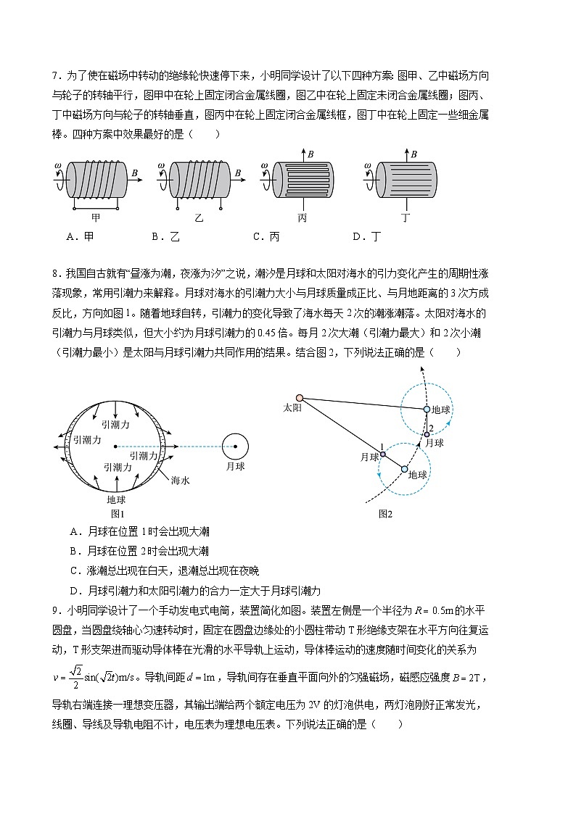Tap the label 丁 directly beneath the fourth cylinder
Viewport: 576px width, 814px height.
[x=405, y=217]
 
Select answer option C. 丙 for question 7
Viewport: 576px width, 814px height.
[x=266, y=236]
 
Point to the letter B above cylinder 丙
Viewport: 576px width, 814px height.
[x=310, y=154]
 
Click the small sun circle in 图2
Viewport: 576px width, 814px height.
[x=299, y=397]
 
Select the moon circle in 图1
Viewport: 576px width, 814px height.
[x=234, y=447]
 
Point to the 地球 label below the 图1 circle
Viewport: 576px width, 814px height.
[x=116, y=499]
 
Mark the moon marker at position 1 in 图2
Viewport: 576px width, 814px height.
[x=383, y=454]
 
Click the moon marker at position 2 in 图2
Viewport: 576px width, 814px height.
[x=428, y=434]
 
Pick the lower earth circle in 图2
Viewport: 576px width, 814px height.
[x=405, y=469]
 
